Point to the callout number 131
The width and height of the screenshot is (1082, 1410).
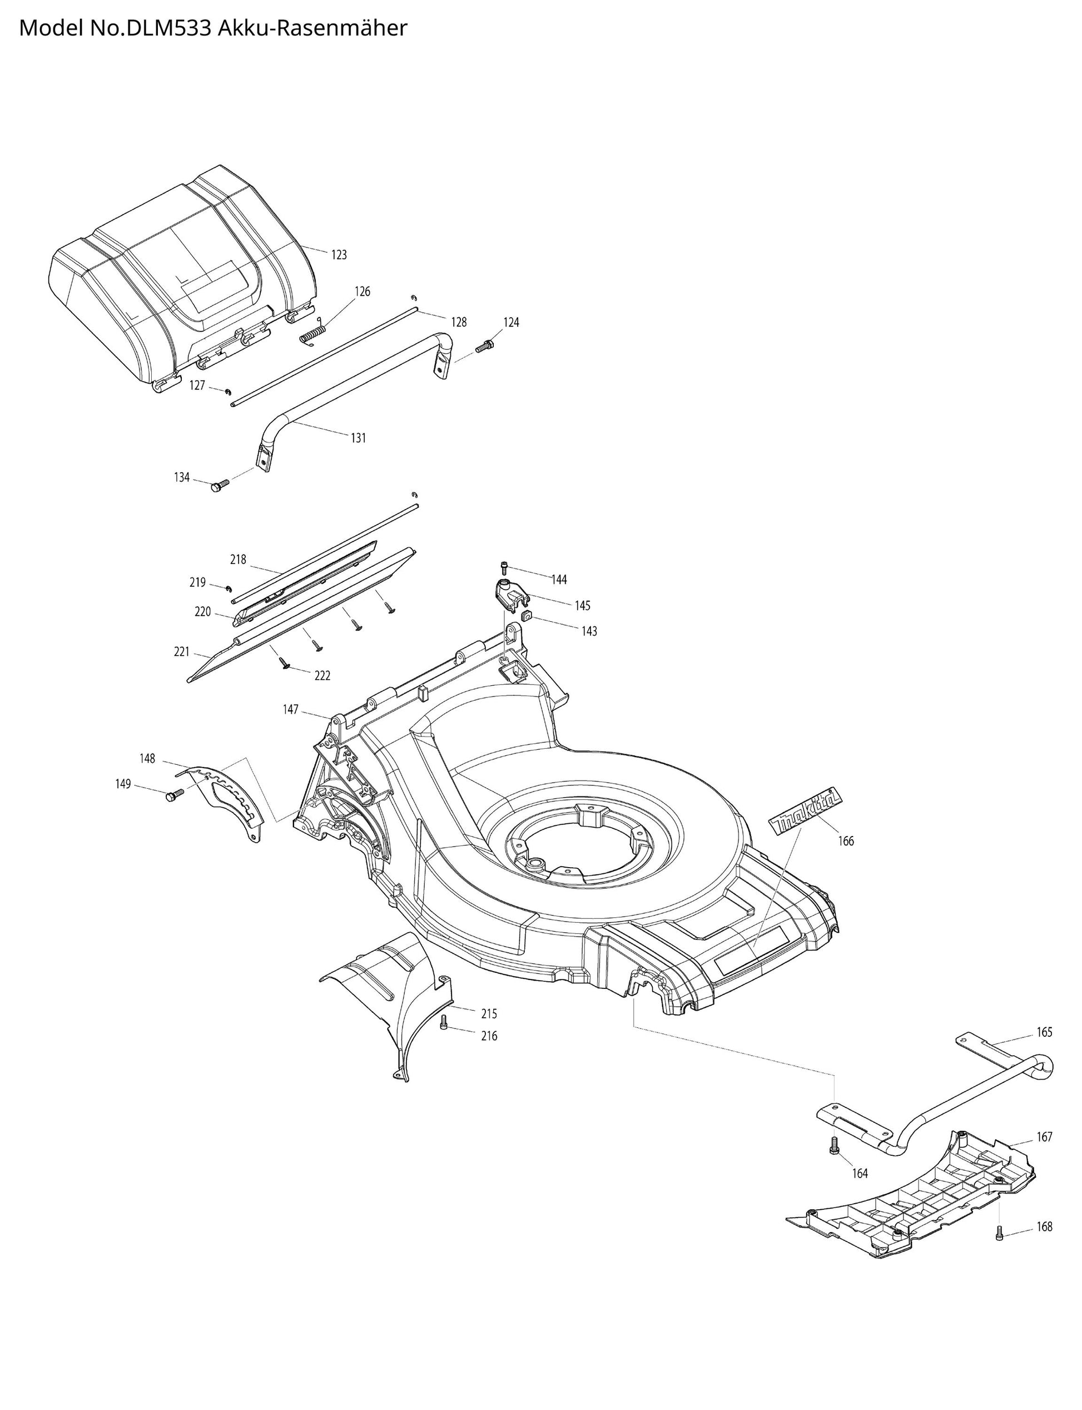tap(358, 438)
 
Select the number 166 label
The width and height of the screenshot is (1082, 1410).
tap(846, 840)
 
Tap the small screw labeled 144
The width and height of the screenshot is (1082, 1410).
tap(504, 567)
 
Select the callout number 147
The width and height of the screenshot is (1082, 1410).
tap(290, 709)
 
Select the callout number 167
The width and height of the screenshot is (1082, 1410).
tap(1044, 1137)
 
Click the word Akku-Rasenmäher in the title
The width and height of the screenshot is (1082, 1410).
tap(312, 28)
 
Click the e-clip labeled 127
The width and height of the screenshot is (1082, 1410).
tap(228, 390)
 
